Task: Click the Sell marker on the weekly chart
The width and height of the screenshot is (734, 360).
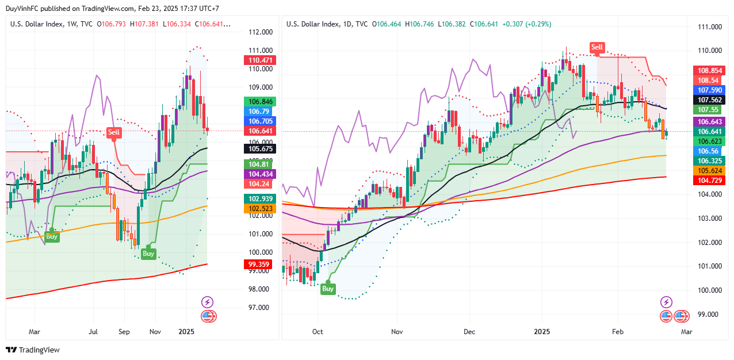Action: pyautogui.click(x=114, y=133)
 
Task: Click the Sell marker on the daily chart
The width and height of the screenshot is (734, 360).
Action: pyautogui.click(x=597, y=47)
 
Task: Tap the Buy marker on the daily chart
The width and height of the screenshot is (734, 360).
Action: pyautogui.click(x=328, y=288)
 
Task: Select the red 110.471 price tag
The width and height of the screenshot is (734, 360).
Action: pyautogui.click(x=260, y=60)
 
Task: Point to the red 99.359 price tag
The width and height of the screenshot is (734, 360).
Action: pyautogui.click(x=260, y=265)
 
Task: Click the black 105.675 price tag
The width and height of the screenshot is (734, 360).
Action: pyautogui.click(x=260, y=148)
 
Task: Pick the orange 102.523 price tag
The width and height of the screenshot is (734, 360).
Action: pyautogui.click(x=260, y=209)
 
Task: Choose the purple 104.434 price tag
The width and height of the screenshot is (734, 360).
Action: pyautogui.click(x=260, y=174)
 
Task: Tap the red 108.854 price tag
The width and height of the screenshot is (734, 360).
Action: pyautogui.click(x=709, y=70)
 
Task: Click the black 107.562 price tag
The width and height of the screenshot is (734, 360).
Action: pyautogui.click(x=709, y=99)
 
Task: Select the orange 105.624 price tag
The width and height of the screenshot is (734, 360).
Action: pyautogui.click(x=709, y=171)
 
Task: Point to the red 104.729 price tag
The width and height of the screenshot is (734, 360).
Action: pyautogui.click(x=709, y=181)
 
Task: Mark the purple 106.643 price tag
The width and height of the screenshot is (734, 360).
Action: pyautogui.click(x=709, y=122)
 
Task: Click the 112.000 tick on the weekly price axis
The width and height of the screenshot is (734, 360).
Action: pyautogui.click(x=260, y=32)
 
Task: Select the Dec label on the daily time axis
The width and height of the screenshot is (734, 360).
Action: pyautogui.click(x=469, y=332)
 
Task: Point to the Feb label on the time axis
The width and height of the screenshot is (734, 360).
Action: pyautogui.click(x=618, y=332)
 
